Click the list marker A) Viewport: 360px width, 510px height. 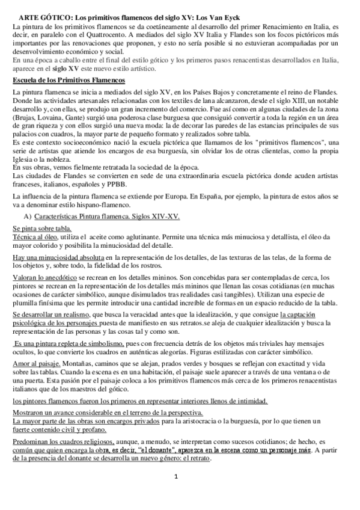[27, 216]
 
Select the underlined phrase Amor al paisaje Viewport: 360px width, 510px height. [37, 363]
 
